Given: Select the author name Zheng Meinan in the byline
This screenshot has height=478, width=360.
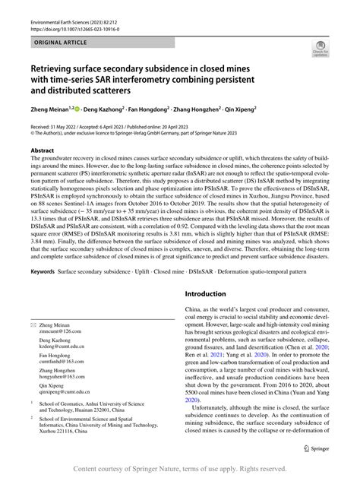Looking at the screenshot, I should coord(52,111).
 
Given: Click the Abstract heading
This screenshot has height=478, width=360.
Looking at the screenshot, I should coord(43,150).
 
